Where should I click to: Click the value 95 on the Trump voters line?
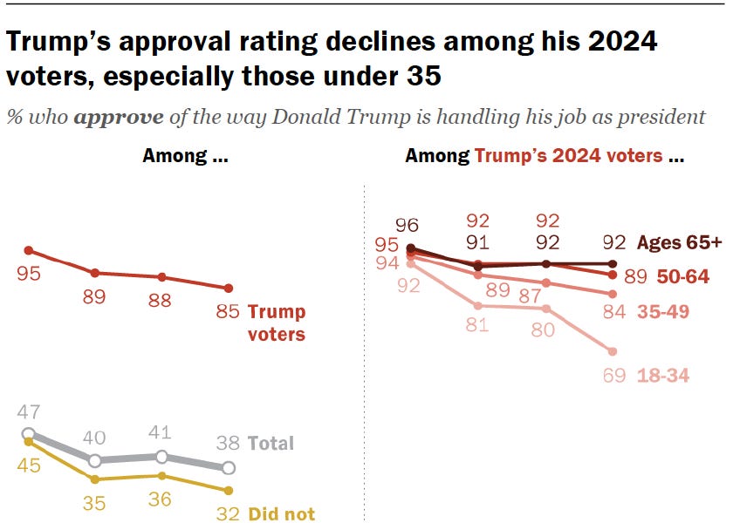coord(29,274)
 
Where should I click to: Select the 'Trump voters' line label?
coord(277,323)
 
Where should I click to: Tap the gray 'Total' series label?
coord(271,443)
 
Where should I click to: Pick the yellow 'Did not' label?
coord(282,514)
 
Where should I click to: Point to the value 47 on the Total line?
coord(29,412)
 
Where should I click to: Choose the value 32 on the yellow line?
coord(228,514)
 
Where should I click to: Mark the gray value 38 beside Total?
coord(228,443)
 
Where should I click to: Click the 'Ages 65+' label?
coord(680,242)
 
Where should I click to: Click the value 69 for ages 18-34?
coord(613,376)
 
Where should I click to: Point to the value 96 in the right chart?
coord(409,224)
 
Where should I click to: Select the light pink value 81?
coord(477,327)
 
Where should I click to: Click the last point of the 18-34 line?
coord(613,351)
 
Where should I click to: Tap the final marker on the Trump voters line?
coord(228,288)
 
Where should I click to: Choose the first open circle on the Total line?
coord(29,433)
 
